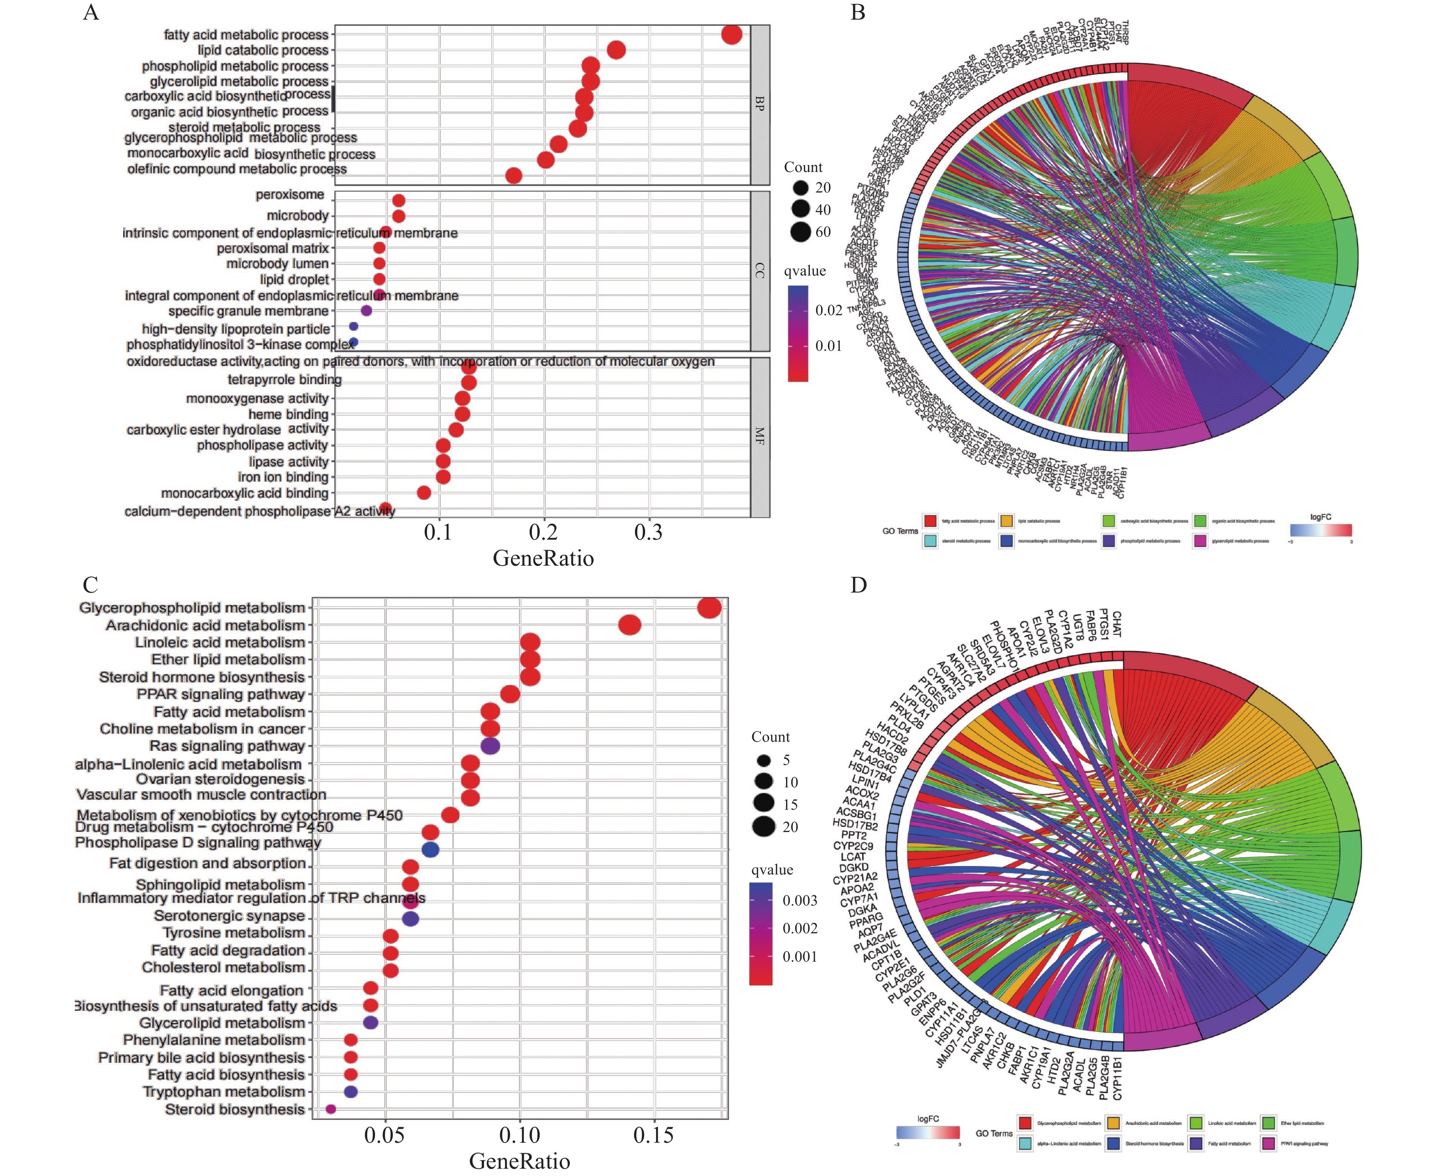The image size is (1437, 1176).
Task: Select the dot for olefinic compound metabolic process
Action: pyautogui.click(x=514, y=176)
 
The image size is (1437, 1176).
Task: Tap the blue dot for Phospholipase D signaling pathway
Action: pyautogui.click(x=430, y=849)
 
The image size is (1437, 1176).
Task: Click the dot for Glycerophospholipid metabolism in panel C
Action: pyautogui.click(x=709, y=609)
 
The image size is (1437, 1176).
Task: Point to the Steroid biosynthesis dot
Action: pyautogui.click(x=331, y=1109)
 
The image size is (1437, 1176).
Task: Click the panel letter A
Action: pyautogui.click(x=91, y=13)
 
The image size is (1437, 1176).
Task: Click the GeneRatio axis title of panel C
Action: pyautogui.click(x=520, y=1161)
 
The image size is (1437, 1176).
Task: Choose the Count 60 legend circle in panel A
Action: pyautogui.click(x=801, y=232)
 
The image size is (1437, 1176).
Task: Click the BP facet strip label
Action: pyautogui.click(x=760, y=104)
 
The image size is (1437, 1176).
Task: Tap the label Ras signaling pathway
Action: pyautogui.click(x=227, y=746)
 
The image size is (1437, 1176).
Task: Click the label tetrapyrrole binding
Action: pyautogui.click(x=285, y=380)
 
